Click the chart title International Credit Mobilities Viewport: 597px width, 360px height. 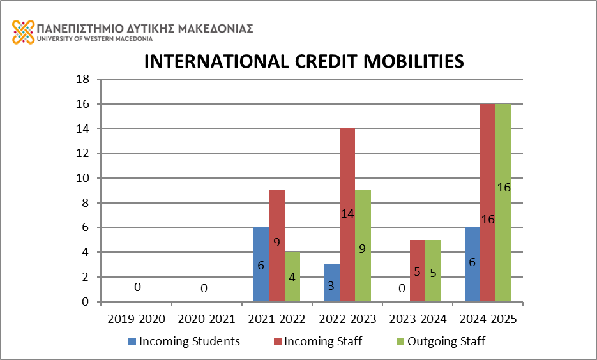click(x=303, y=61)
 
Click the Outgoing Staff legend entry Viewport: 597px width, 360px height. click(x=440, y=341)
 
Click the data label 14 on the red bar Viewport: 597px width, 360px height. click(x=347, y=214)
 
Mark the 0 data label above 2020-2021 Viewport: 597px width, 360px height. click(x=204, y=289)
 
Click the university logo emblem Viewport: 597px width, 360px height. click(x=23, y=32)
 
